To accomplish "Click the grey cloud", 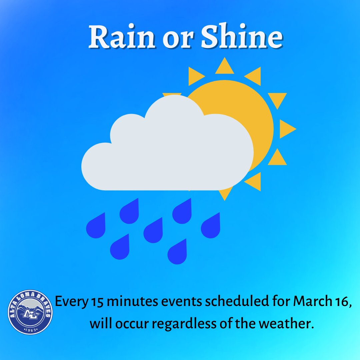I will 167,150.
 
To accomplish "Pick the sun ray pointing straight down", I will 225,193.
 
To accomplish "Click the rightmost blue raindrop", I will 211,227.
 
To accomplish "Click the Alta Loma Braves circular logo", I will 30,312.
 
